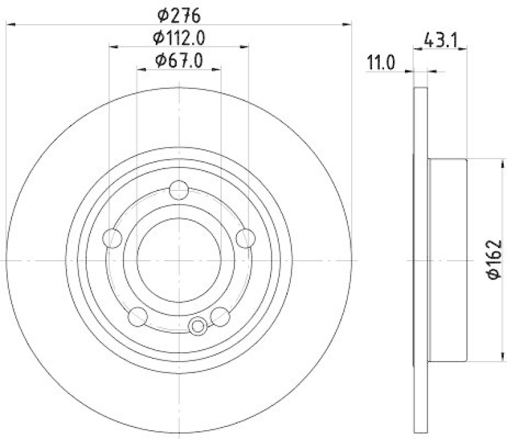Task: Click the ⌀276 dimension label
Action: pos(179,12)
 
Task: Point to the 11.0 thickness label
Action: pos(381,62)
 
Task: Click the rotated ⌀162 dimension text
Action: pos(494,259)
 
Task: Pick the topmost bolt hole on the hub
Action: pos(179,190)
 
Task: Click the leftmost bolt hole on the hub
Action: pos(112,239)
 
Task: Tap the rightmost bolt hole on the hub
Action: pos(246,239)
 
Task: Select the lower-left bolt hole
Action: pos(138,316)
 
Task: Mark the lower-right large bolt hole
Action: pos(220,316)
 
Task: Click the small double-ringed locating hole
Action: pos(198,326)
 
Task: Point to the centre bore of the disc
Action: pos(179,260)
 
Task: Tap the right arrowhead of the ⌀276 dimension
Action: pos(348,24)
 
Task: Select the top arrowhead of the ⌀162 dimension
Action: pos(482,161)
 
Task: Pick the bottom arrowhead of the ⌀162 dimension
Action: pos(482,359)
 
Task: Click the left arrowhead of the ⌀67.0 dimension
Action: pos(141,69)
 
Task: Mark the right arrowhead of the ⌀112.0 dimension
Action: pos(245,46)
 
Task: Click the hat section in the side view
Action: pos(447,260)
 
